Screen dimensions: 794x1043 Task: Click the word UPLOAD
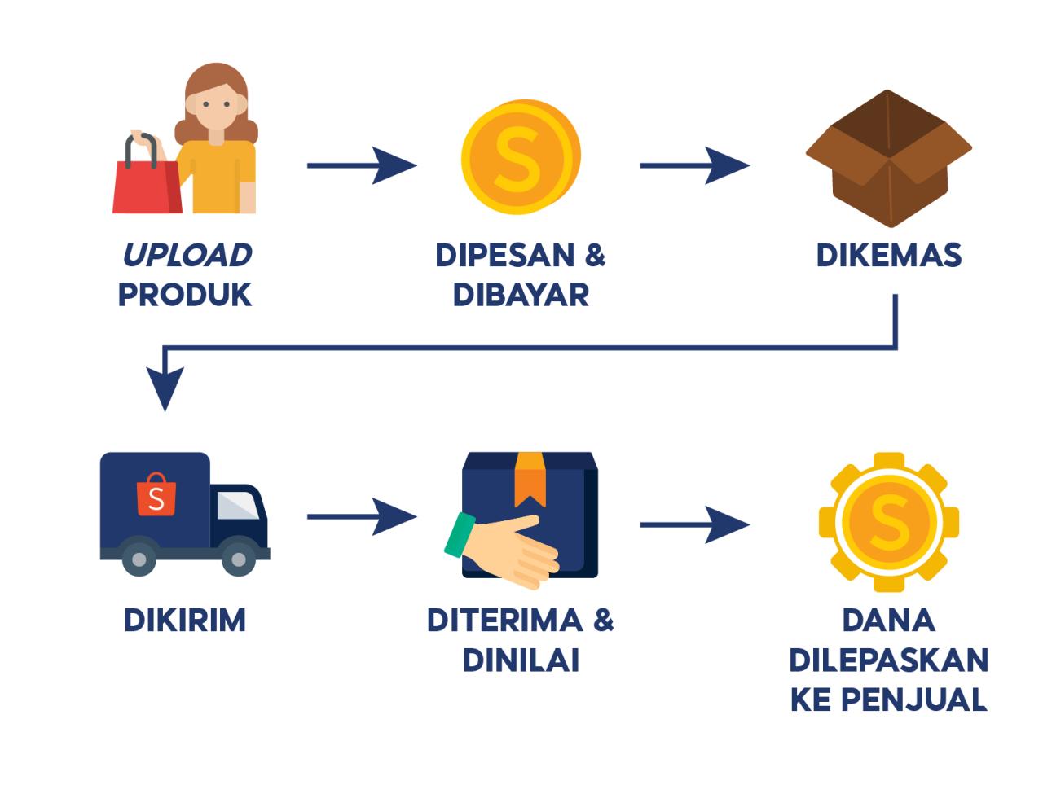point(187,255)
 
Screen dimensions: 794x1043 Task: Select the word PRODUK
point(185,295)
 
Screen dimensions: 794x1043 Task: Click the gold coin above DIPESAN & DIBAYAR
point(521,155)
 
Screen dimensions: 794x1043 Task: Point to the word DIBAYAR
point(521,295)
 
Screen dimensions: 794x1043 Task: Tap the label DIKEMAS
point(889,255)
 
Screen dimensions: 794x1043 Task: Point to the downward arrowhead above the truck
point(165,389)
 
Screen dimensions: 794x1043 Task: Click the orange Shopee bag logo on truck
point(156,496)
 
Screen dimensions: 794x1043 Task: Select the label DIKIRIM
point(185,621)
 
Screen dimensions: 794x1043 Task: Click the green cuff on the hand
point(460,534)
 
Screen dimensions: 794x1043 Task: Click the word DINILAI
point(521,660)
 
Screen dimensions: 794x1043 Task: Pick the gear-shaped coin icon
point(889,521)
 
